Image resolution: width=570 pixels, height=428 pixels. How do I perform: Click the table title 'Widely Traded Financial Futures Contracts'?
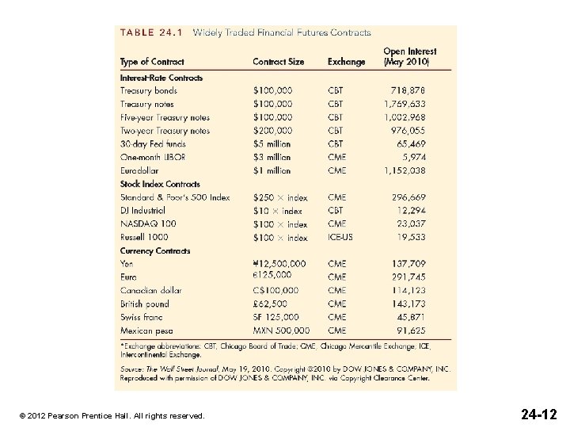282,33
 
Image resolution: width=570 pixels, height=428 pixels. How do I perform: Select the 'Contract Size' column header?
279,62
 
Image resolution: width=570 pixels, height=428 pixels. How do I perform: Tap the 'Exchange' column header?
346,62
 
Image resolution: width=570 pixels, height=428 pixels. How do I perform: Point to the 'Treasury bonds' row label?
149,91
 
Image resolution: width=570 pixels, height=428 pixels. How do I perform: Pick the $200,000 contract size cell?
272,131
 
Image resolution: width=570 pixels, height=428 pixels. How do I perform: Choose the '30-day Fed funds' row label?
153,144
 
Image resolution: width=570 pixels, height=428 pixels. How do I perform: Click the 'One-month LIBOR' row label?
153,157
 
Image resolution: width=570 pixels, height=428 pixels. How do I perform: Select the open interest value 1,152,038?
405,170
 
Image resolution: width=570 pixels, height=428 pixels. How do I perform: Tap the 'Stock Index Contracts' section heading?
160,184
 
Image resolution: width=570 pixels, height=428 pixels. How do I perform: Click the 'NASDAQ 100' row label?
148,224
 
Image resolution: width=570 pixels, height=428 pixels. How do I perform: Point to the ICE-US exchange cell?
341,237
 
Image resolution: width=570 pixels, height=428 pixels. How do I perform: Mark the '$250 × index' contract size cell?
280,197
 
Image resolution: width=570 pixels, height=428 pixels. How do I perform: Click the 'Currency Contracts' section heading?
155,251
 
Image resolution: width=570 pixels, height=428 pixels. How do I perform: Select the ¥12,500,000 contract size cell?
279,263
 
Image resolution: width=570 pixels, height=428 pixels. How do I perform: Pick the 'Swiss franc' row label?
142,317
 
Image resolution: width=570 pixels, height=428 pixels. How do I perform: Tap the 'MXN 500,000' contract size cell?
281,331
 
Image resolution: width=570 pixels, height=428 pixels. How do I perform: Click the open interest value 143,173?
408,304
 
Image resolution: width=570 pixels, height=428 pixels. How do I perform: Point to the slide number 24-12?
538,414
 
